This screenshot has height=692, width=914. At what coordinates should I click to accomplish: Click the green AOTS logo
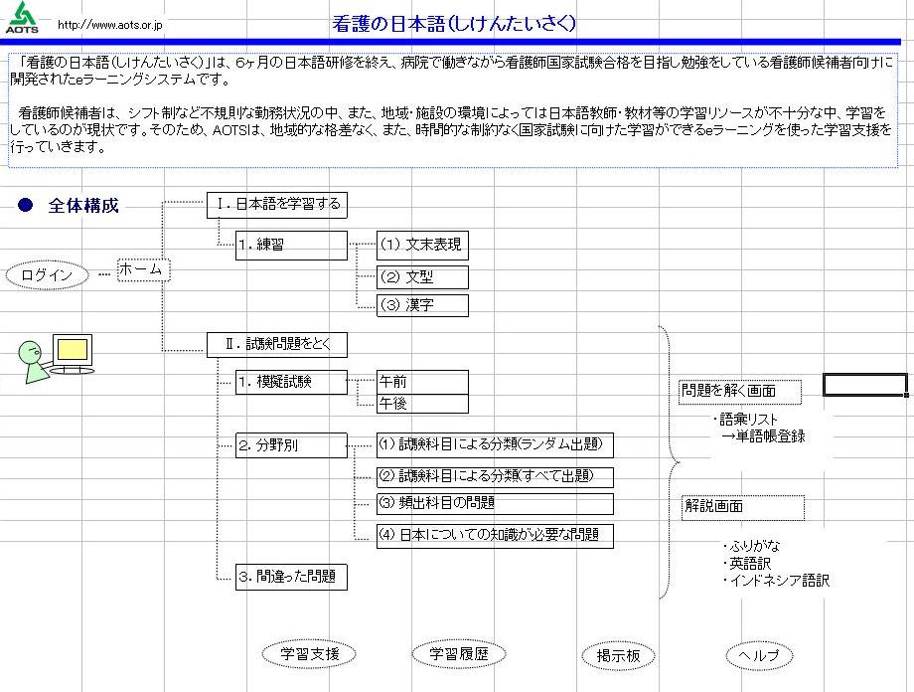coord(22,17)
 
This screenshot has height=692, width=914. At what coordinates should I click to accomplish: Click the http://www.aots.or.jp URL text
coord(109,25)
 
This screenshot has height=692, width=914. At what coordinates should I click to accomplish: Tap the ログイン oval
coord(48,275)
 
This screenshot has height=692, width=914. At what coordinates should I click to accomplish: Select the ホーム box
coord(143,269)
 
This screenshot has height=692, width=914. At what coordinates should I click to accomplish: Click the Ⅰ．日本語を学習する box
coord(277,206)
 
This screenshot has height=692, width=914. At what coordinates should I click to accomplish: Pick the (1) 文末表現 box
coord(422,245)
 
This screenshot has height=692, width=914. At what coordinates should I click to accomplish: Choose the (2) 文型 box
coord(422,277)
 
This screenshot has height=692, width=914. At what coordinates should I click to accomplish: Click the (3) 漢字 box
coord(422,305)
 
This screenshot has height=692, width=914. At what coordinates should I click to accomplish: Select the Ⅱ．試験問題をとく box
coord(277,345)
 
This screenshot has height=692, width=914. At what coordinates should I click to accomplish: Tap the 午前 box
coord(422,382)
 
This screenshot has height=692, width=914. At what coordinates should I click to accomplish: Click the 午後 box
coord(422,404)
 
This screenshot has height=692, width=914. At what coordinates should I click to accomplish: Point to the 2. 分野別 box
coord(291,445)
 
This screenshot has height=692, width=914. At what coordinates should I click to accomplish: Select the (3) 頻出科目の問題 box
coord(495,504)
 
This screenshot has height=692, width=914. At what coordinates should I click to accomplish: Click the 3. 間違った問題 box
coord(291,577)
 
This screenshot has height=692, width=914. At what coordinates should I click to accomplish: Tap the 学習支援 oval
coord(309,654)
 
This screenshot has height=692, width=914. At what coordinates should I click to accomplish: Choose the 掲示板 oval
coord(619,656)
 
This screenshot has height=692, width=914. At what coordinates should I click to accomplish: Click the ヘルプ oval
coord(760,656)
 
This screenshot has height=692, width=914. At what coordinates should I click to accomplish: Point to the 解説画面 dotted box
coord(743,508)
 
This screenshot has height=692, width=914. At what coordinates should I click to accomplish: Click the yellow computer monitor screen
coord(73,350)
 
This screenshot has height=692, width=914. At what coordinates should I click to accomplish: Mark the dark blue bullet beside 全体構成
coord(25,205)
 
